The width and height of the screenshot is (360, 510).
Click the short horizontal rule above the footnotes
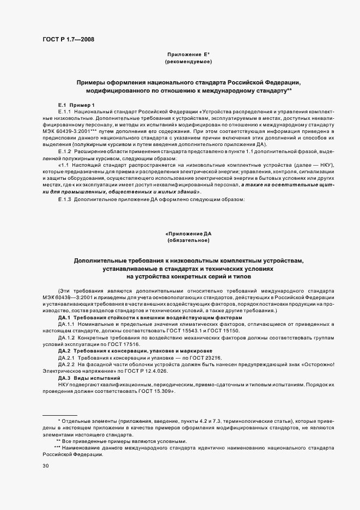click(x=60, y=415)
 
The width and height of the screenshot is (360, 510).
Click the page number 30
click(x=46, y=466)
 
